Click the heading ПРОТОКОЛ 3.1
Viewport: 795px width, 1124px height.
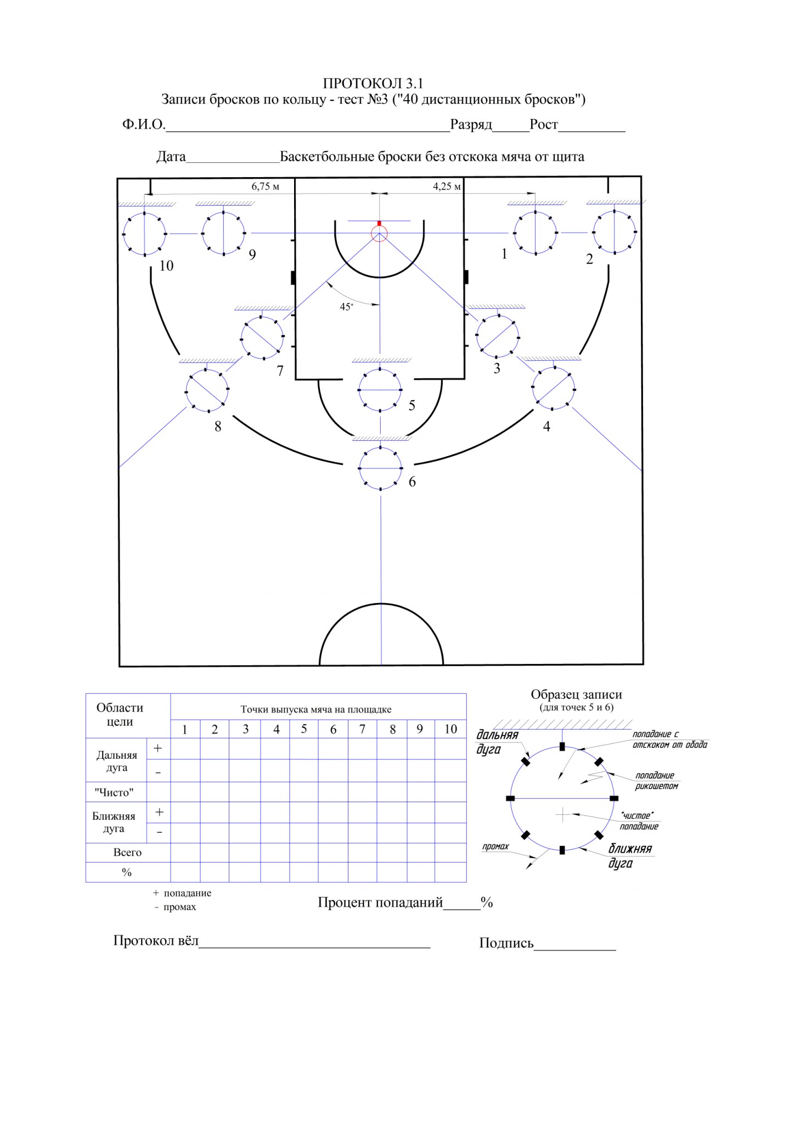click(x=373, y=83)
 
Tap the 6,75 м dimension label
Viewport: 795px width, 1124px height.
click(x=266, y=186)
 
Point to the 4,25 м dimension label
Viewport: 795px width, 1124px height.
click(x=447, y=186)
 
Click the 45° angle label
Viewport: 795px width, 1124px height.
click(x=346, y=306)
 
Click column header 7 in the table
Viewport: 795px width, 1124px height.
click(x=362, y=729)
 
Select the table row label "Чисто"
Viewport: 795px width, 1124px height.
click(x=114, y=792)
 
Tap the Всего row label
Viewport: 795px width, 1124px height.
click(x=127, y=852)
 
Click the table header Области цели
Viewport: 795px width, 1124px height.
click(x=120, y=714)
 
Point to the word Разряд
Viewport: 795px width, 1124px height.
click(x=471, y=125)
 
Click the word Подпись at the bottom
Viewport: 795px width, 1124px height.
click(x=506, y=943)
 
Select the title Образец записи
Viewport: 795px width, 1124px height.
click(x=576, y=694)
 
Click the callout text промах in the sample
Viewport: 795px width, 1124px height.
click(x=495, y=846)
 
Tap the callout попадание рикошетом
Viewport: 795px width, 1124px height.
click(x=657, y=780)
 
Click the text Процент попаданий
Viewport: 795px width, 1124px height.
click(x=380, y=902)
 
